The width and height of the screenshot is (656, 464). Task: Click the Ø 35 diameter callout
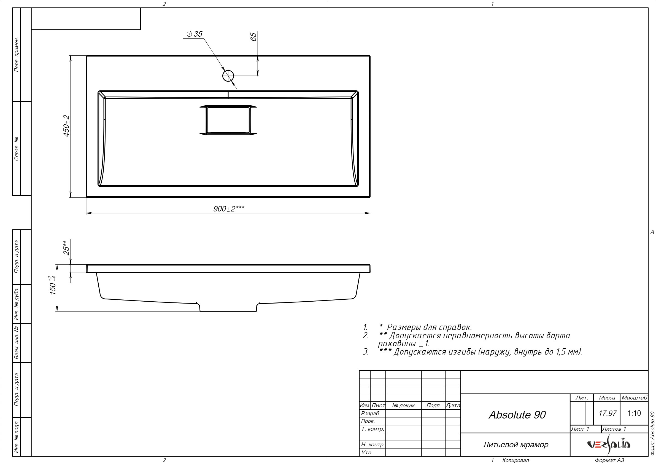(x=194, y=34)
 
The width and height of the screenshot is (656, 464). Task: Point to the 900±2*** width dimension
(x=229, y=209)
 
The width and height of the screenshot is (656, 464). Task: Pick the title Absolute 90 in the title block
(x=517, y=415)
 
